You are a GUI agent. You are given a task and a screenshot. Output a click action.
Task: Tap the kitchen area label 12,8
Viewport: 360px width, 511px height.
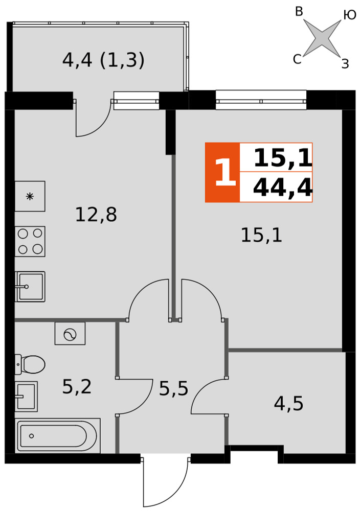coord(96,215)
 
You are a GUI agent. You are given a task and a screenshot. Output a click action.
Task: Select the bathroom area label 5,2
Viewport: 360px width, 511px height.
coord(77,387)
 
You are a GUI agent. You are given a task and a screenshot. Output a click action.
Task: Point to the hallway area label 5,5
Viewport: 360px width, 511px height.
coord(173,388)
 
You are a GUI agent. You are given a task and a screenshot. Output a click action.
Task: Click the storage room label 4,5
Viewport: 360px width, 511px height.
coord(288,404)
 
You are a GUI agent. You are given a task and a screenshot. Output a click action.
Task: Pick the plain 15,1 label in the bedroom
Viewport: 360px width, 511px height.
coord(261,235)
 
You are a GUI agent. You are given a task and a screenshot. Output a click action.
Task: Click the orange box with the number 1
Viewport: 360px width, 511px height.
coord(222,172)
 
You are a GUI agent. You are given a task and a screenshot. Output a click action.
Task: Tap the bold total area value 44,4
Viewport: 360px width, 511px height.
coord(282,188)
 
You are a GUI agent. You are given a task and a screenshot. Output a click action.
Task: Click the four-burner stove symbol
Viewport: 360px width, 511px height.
coord(30,242)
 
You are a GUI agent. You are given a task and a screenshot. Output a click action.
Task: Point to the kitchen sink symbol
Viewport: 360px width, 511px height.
coord(30,287)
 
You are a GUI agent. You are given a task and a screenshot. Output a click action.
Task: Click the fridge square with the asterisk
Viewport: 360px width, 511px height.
coord(30,196)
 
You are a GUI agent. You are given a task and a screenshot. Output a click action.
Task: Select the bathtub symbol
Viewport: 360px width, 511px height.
coord(58,436)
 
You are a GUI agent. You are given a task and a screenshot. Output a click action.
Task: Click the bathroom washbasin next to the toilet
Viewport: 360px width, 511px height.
coord(26,397)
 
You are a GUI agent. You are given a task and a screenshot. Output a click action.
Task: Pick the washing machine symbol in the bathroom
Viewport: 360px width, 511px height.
coord(70,334)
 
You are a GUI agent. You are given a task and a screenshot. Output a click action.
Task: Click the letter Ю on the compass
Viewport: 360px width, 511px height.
coord(350,15)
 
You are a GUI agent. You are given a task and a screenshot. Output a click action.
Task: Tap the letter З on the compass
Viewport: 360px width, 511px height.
coord(345,63)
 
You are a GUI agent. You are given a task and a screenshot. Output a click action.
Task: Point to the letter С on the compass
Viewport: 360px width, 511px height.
coord(297,59)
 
